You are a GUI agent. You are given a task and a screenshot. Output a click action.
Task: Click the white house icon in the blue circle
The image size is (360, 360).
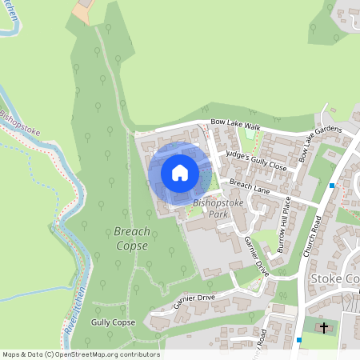[179, 172]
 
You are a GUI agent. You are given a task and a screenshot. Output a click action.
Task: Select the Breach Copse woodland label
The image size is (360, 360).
[131, 238]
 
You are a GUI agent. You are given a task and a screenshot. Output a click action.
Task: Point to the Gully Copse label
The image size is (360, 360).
[113, 322]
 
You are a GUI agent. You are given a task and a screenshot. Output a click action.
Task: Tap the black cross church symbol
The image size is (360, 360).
[324, 327]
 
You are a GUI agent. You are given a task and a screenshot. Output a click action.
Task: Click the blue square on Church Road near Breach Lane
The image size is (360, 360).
[331, 186]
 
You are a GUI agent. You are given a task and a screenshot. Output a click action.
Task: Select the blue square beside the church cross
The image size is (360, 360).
[299, 339]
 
